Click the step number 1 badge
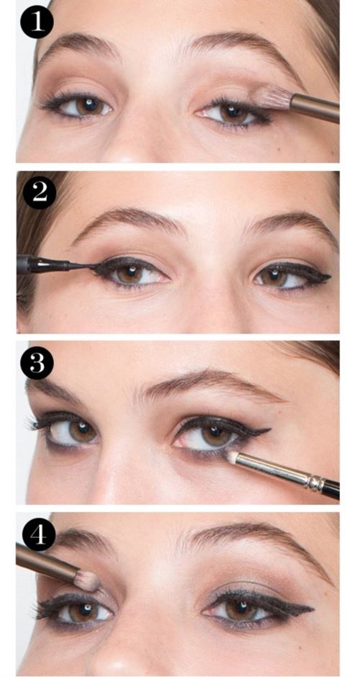pyautogui.click(x=37, y=22)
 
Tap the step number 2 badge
pyautogui.click(x=40, y=192)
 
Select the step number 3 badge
pyautogui.click(x=37, y=363)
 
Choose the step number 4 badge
pyautogui.click(x=39, y=534)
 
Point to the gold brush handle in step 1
pyautogui.click(x=315, y=107)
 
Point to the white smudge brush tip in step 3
pyautogui.click(x=233, y=457)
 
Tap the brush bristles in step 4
pyautogui.click(x=87, y=580)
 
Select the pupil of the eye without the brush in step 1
pyautogui.click(x=91, y=104)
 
